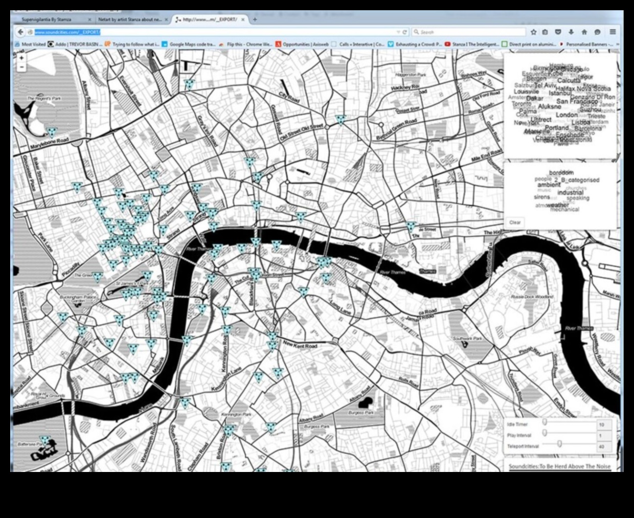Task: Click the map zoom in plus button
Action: tap(21, 58)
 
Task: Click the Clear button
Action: tap(515, 222)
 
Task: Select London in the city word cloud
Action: tap(566, 115)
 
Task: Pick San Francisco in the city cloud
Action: tap(577, 101)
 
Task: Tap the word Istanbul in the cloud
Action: tap(560, 93)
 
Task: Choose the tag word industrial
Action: tap(570, 192)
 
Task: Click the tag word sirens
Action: tap(542, 197)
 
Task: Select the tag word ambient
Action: tap(549, 185)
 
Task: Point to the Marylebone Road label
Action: tap(49, 144)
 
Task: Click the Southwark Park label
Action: tap(467, 339)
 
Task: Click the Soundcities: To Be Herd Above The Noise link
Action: tap(559, 466)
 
